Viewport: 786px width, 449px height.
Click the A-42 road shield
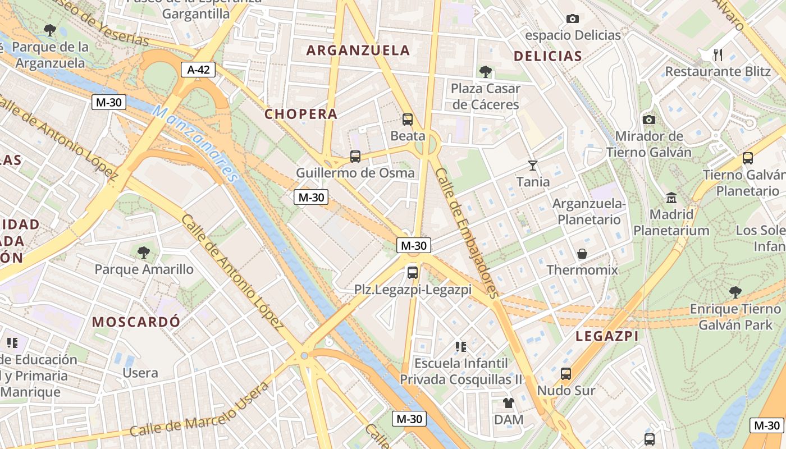click(198, 70)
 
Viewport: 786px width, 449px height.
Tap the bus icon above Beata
click(408, 119)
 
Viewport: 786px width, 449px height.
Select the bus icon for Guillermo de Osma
click(355, 156)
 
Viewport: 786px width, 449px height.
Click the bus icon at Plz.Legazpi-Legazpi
click(413, 273)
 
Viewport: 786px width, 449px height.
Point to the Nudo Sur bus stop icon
click(566, 373)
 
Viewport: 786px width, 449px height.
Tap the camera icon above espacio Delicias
click(573, 19)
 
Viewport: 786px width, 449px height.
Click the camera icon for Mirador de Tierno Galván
click(649, 120)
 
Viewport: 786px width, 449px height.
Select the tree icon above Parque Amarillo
click(144, 253)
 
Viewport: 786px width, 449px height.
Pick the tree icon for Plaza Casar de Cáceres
click(486, 71)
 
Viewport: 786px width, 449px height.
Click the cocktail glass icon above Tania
click(533, 165)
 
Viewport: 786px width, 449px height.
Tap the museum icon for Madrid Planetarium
click(671, 198)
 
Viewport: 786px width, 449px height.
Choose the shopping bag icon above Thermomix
click(582, 253)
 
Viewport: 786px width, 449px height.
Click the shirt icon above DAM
click(509, 402)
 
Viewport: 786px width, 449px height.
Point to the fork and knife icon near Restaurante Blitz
click(718, 54)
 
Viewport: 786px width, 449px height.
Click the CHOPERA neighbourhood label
click(301, 114)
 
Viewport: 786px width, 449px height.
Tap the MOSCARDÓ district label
click(136, 322)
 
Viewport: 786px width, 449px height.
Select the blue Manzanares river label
click(196, 143)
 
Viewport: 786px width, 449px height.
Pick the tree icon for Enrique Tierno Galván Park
click(735, 292)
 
